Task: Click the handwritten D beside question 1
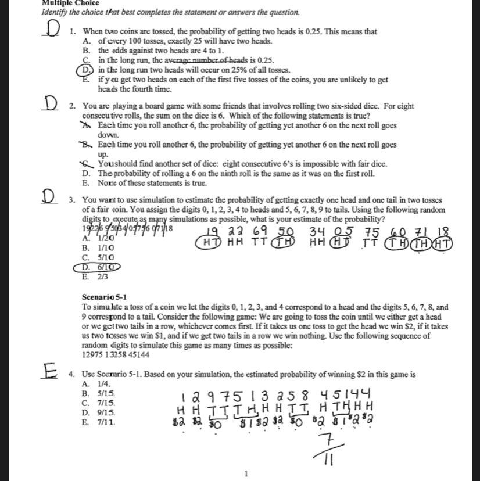tap(52, 30)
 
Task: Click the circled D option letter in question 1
tap(85, 70)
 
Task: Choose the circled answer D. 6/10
tap(98, 267)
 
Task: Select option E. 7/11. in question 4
tap(99, 422)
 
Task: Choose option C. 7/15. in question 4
tap(99, 403)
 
